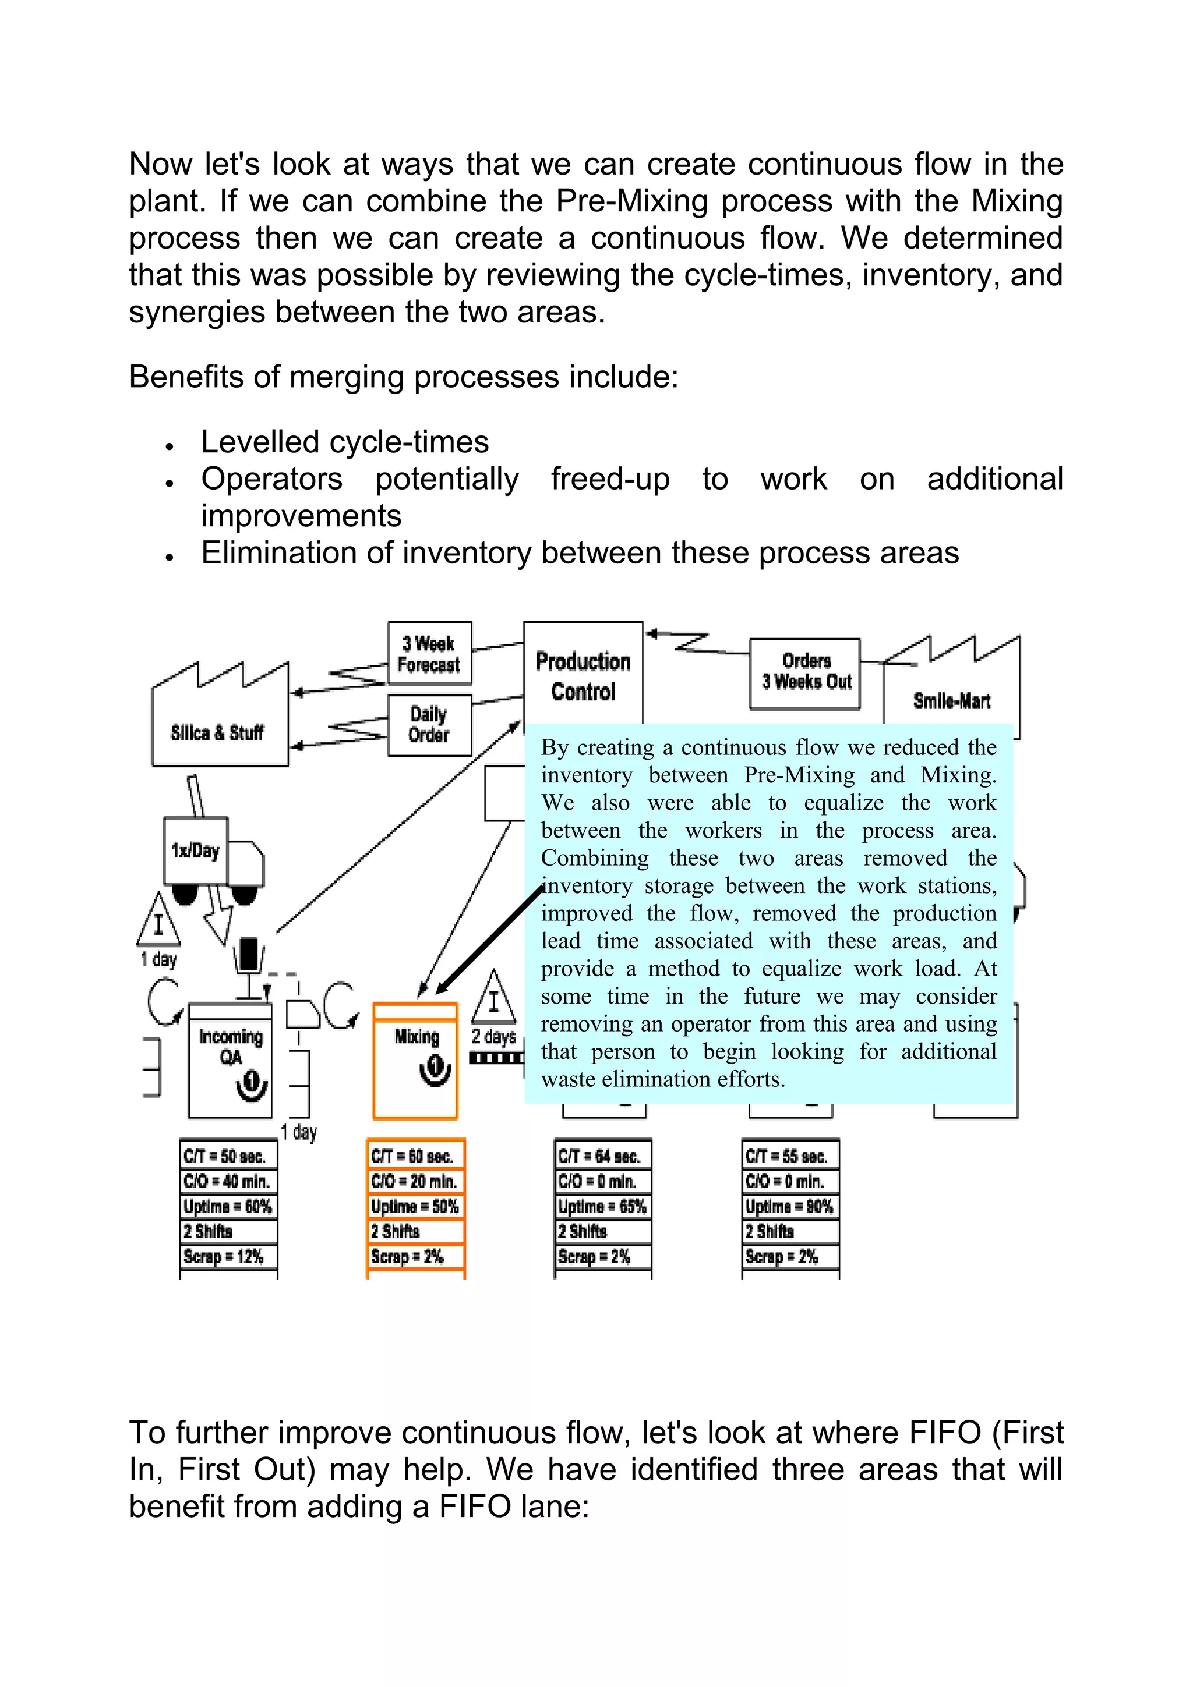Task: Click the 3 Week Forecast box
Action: pos(429,653)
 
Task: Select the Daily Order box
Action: pos(429,725)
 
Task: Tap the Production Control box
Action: pos(583,676)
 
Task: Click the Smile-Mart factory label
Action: pos(951,701)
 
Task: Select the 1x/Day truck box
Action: pos(196,851)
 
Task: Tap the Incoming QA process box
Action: pos(230,1058)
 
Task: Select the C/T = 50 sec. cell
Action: pos(228,1156)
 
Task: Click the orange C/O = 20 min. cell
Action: pos(415,1182)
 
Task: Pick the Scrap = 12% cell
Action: pos(228,1256)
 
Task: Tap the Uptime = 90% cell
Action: pos(790,1207)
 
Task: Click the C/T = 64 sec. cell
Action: pos(603,1156)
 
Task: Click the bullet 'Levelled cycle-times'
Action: pos(345,442)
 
